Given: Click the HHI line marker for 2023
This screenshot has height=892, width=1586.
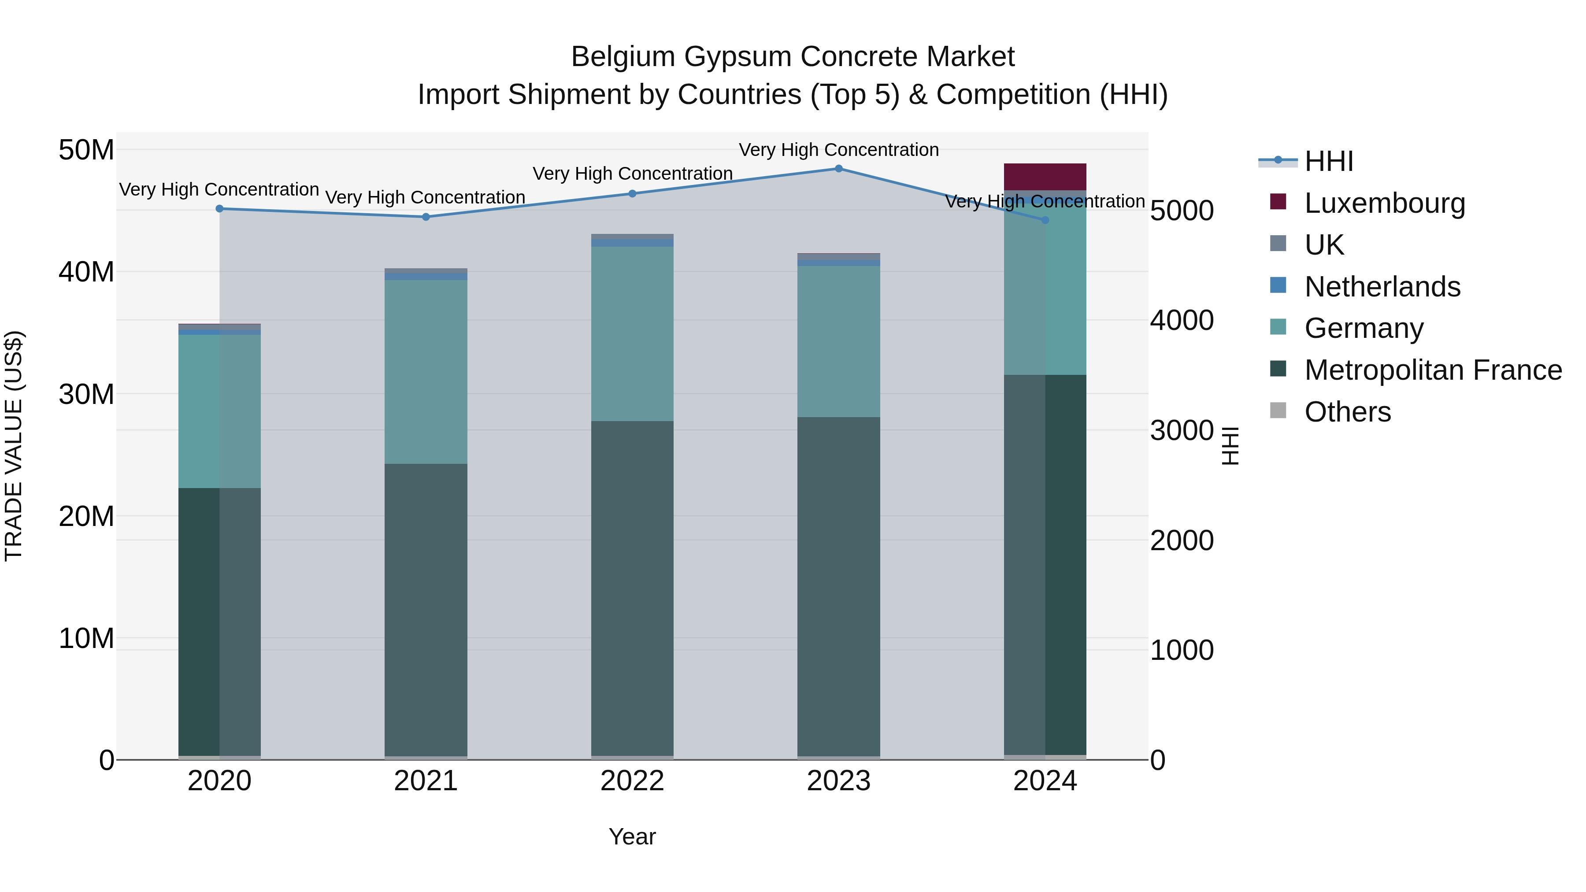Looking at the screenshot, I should [838, 169].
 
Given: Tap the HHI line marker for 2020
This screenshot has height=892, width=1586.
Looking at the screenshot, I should [220, 209].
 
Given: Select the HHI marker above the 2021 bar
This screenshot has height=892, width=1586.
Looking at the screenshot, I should [426, 217].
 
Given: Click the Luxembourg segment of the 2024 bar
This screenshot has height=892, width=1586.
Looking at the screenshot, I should [1045, 177].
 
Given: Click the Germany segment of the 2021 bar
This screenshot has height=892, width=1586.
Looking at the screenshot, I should [426, 372].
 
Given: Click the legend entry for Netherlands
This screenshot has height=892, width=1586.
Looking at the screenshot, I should [1382, 287].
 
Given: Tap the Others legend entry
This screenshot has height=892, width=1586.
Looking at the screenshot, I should [1347, 412].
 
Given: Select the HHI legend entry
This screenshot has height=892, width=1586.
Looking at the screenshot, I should [1329, 161].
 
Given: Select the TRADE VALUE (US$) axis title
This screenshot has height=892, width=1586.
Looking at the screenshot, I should [14, 446].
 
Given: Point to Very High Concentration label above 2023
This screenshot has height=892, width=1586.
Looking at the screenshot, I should [838, 150].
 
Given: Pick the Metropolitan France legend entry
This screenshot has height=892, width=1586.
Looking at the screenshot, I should [1433, 370].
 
